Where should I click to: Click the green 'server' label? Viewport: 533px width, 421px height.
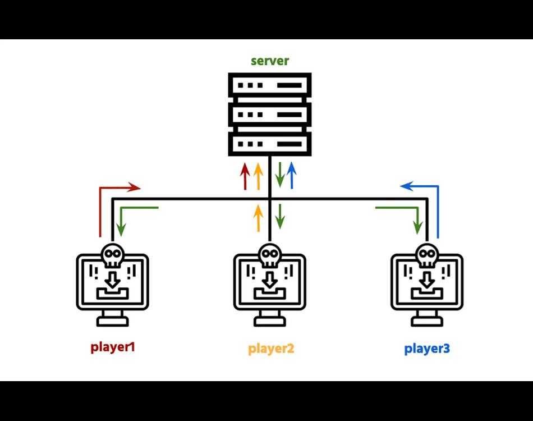[x=270, y=61]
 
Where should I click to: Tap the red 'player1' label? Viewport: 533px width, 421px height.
[x=113, y=347]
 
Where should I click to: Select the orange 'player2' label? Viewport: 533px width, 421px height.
[x=271, y=349]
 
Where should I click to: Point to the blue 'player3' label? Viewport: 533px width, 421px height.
[x=427, y=349]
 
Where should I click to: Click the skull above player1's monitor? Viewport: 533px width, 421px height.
[x=112, y=255]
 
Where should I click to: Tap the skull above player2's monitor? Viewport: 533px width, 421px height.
[x=270, y=255]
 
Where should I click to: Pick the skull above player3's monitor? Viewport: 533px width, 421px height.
[x=427, y=255]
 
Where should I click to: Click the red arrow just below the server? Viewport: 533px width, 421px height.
[x=245, y=176]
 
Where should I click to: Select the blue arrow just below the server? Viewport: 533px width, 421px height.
[x=291, y=175]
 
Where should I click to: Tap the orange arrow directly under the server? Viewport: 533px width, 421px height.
[x=258, y=176]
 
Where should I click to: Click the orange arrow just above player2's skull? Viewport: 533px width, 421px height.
[x=258, y=218]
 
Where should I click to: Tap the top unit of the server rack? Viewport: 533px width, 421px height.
[x=270, y=86]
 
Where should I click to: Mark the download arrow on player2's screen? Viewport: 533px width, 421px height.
[x=270, y=280]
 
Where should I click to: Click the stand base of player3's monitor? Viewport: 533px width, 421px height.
[x=427, y=321]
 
